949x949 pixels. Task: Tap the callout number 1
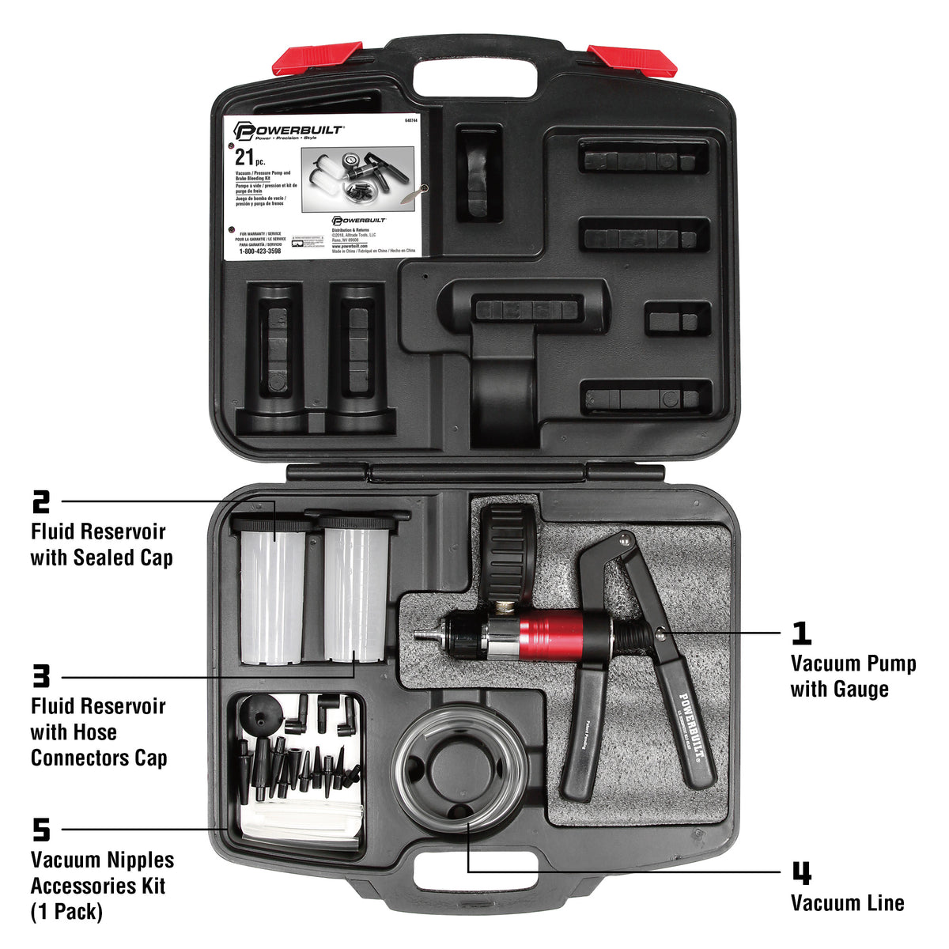(x=801, y=633)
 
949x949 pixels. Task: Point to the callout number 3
(x=41, y=677)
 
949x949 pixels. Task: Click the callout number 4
(x=801, y=874)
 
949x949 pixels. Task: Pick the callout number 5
(x=41, y=830)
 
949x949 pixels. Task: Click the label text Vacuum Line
(x=847, y=903)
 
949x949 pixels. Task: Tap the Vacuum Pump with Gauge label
(x=853, y=676)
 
